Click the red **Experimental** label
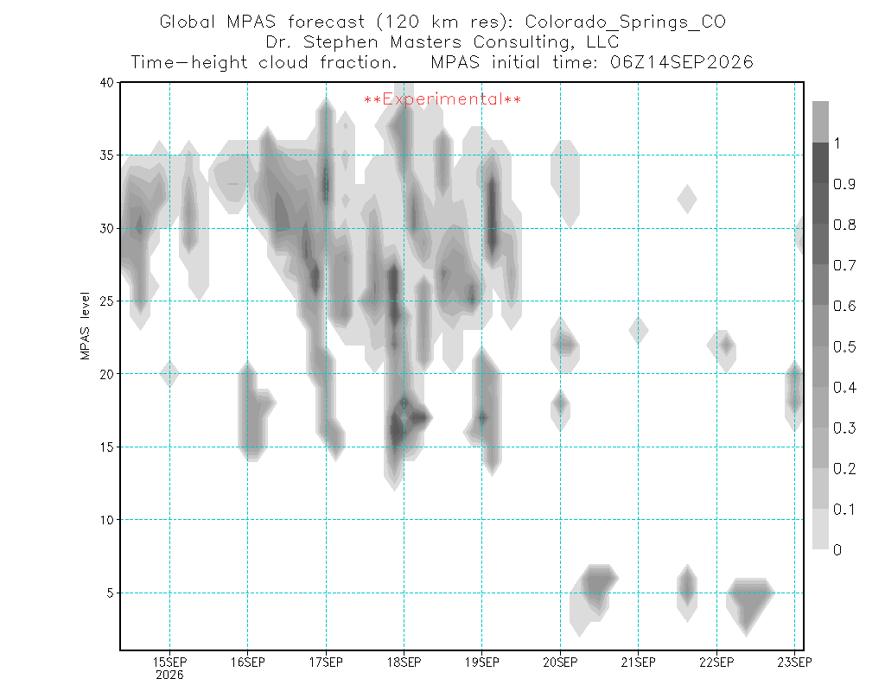[x=442, y=99]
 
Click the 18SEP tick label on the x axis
[x=404, y=662]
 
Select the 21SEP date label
[x=639, y=662]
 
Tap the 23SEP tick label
[x=795, y=662]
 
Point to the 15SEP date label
[x=170, y=662]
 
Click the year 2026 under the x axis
[x=170, y=675]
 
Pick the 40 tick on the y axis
[x=106, y=82]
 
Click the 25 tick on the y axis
[x=106, y=301]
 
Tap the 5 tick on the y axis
[x=110, y=593]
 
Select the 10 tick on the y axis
[x=106, y=520]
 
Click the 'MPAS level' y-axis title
[x=86, y=326]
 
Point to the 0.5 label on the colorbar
[x=844, y=346]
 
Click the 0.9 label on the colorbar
[x=844, y=184]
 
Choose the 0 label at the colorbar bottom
[x=837, y=550]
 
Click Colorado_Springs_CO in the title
[x=626, y=22]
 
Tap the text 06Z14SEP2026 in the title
[x=682, y=62]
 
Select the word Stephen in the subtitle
[x=341, y=42]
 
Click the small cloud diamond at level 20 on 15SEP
[x=169, y=373]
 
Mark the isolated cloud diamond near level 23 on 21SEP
[x=639, y=330]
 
